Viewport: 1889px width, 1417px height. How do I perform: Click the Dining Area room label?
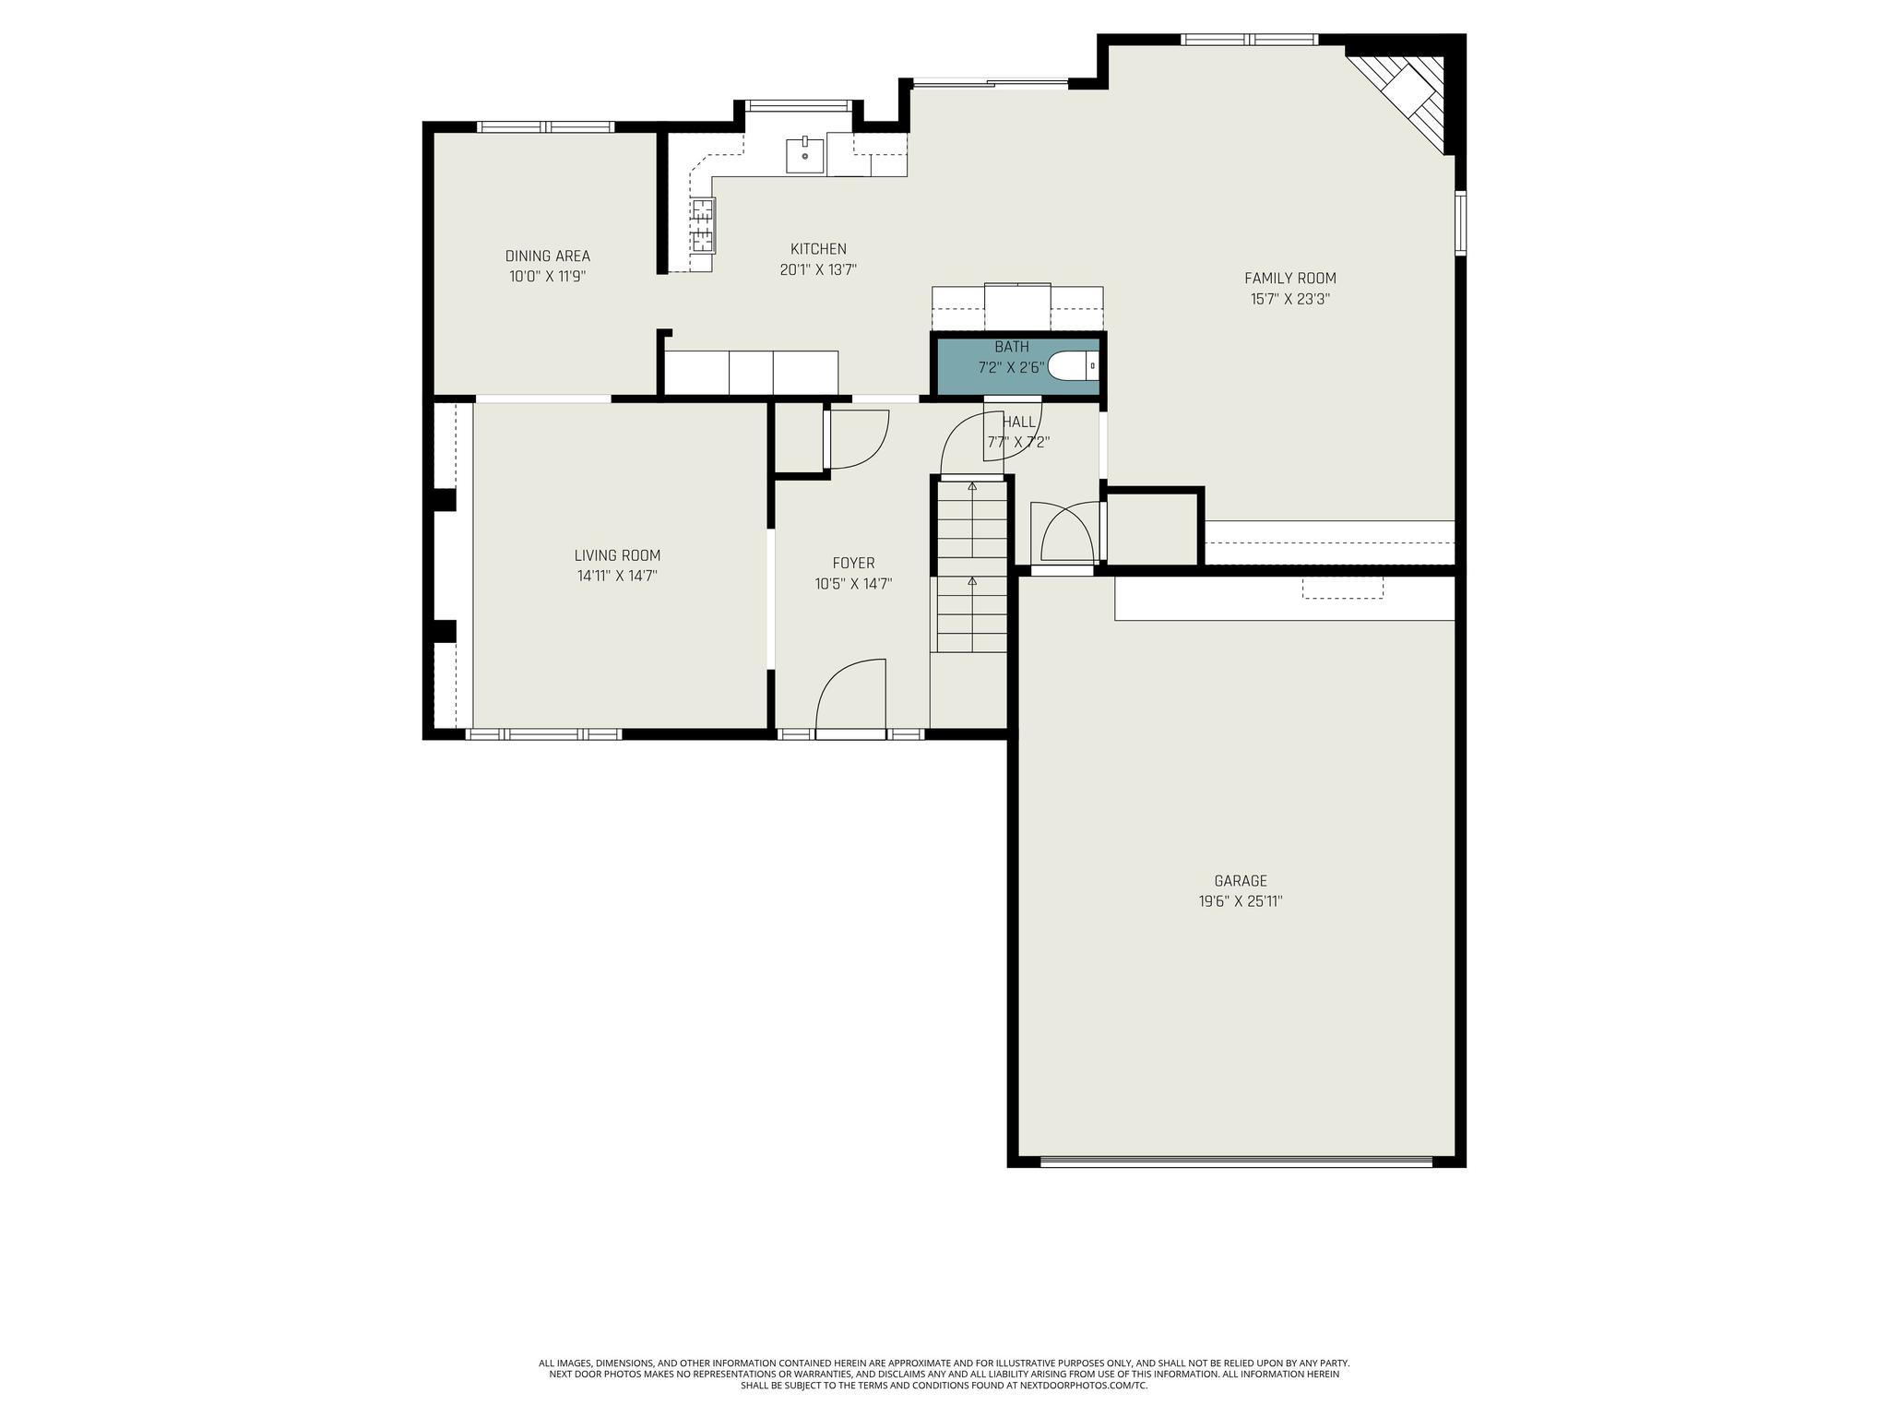coord(547,256)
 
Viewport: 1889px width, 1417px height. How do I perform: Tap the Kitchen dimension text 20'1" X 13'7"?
coord(818,269)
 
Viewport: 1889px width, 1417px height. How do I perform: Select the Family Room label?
coord(1289,278)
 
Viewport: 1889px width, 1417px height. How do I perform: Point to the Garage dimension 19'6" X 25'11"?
coord(1240,901)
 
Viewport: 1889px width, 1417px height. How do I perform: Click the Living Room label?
coord(617,555)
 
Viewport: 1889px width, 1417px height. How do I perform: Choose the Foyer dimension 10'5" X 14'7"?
coord(853,584)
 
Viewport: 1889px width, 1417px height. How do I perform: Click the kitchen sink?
coord(805,155)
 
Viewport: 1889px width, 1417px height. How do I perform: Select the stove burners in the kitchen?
coord(703,226)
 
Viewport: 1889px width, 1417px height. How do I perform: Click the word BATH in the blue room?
coord(1011,347)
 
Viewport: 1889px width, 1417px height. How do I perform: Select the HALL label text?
coord(1019,422)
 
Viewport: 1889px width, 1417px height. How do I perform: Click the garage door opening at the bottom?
coord(1236,1161)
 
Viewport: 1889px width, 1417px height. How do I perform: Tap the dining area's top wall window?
coord(545,126)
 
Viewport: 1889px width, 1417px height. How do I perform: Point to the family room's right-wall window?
coord(1460,221)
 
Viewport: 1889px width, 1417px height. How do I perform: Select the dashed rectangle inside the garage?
coord(1342,588)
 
